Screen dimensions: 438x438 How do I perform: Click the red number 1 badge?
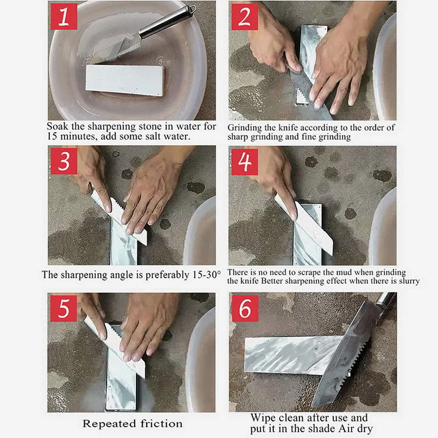tap(64, 16)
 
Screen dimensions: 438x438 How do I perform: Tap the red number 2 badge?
tap(245, 16)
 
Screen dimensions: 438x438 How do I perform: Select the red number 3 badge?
tap(64, 161)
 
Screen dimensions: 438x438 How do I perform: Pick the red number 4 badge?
tap(245, 162)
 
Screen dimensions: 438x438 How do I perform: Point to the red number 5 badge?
tap(64, 309)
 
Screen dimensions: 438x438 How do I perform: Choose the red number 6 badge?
tap(245, 309)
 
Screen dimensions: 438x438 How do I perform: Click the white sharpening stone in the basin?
tap(125, 80)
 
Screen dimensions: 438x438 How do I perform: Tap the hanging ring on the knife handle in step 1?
tap(192, 8)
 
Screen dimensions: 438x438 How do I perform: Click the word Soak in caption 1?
tap(57, 126)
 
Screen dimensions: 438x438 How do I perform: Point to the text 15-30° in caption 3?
tap(206, 275)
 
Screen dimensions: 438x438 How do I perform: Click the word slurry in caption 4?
tap(409, 281)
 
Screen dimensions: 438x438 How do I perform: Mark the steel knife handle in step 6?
tap(387, 299)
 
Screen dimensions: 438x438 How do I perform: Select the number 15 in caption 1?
tap(52, 136)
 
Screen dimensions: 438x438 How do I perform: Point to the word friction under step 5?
tap(162, 424)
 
